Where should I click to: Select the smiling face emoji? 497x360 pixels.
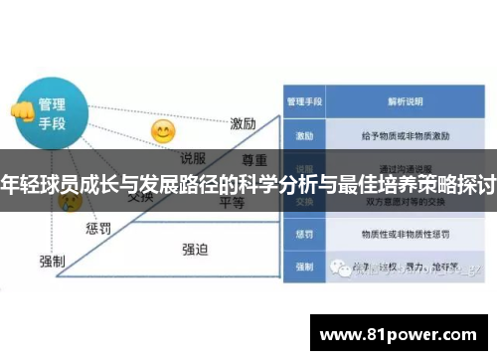tap(162, 131)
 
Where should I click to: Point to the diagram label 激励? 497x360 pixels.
tap(244, 123)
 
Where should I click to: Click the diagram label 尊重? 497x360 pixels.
tap(255, 159)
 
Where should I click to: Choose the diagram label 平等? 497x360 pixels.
tap(233, 203)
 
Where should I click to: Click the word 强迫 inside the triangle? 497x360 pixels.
tap(195, 249)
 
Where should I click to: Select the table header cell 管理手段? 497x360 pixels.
tap(300, 101)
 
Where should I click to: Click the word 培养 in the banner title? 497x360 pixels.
tap(391, 184)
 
